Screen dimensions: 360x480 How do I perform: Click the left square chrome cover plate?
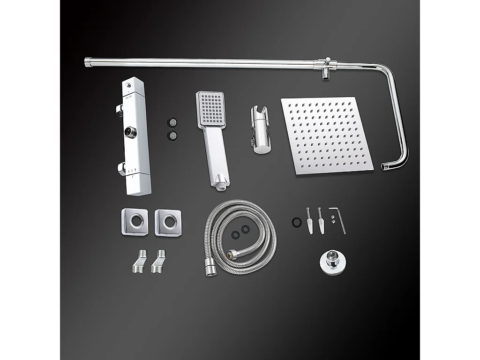tap(135, 221)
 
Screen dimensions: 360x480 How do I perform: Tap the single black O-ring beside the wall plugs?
tap(295, 222)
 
